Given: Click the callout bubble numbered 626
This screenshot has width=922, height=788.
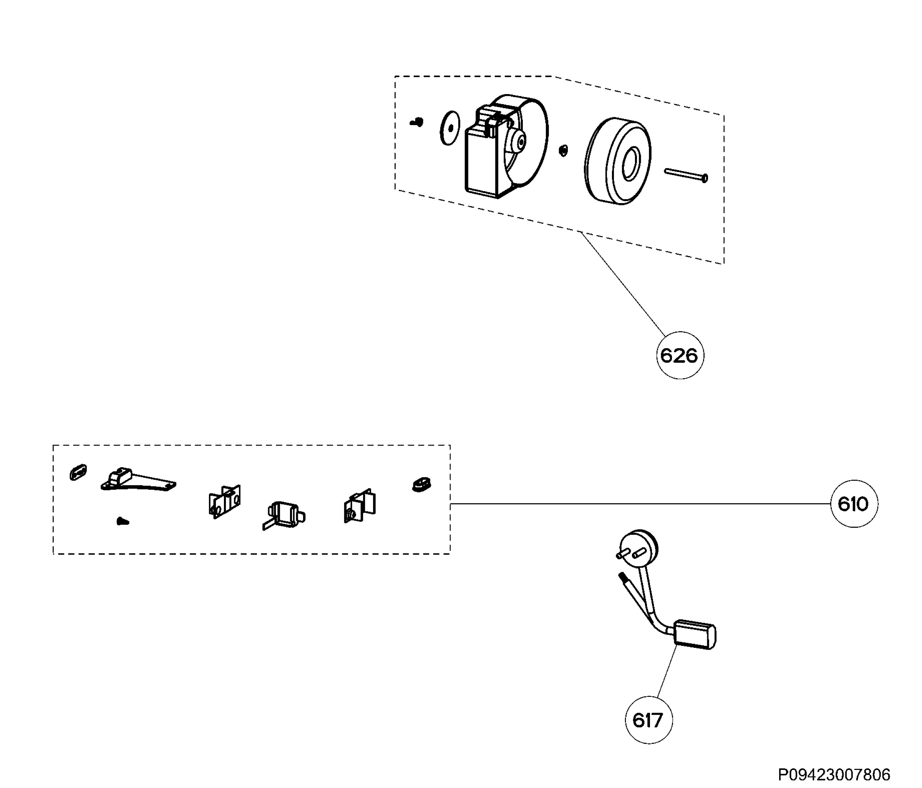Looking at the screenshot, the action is click(680, 355).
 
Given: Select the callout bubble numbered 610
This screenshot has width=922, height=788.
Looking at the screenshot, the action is click(854, 504).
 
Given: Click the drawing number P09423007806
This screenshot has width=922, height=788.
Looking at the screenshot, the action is click(834, 775).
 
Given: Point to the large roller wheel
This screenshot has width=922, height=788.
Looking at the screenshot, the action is click(618, 161).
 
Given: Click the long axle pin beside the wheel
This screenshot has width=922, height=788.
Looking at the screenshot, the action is click(686, 174).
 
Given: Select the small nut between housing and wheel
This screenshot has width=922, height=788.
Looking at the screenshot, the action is click(563, 150).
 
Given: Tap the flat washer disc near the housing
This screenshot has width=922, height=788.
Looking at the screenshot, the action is click(450, 128).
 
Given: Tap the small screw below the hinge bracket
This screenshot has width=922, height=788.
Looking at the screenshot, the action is click(123, 521).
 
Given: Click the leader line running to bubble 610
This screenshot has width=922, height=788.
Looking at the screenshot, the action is click(640, 504).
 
